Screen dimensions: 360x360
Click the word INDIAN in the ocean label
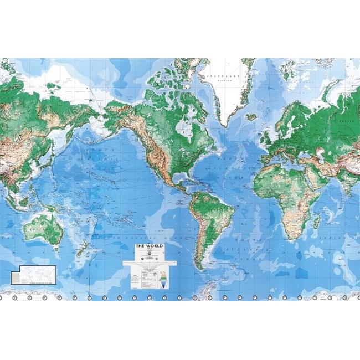(x=344, y=235)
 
